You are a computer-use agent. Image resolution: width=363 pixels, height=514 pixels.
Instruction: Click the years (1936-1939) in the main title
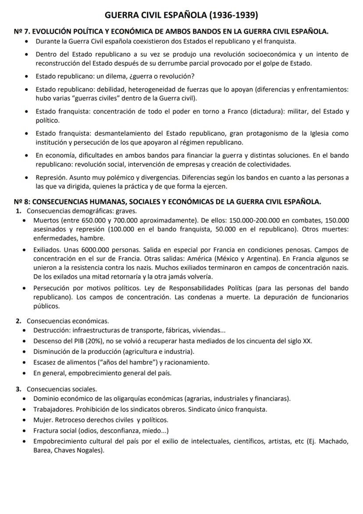coord(233,16)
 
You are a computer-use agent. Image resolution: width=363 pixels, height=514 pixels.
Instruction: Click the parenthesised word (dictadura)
coord(267,111)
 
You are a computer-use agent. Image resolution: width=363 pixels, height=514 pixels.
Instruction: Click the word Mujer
coord(43,420)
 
